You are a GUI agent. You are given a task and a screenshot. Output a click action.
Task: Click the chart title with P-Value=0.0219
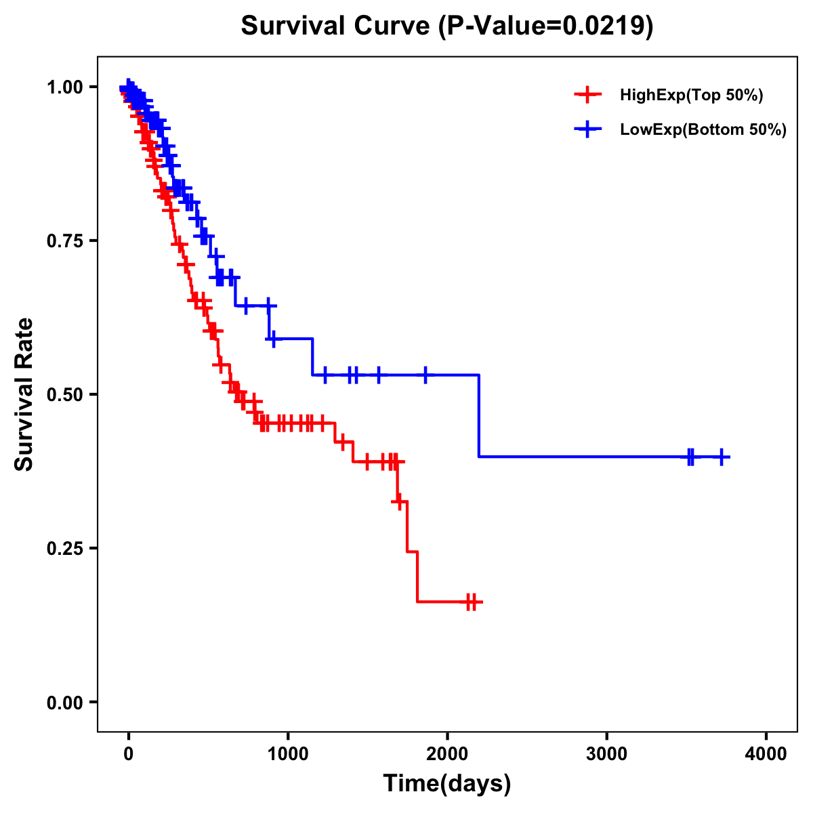coord(447,26)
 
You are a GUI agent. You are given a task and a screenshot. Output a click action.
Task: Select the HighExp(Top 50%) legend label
coord(692,96)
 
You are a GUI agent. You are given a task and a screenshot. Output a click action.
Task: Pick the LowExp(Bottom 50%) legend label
coord(703,129)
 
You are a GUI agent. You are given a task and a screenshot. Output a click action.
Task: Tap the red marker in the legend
coord(587,95)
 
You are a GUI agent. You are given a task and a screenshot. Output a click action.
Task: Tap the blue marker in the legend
coord(587,129)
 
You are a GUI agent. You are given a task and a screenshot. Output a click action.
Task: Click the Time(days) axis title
coord(447,784)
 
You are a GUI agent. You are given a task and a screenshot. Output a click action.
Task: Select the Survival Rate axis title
coord(24,394)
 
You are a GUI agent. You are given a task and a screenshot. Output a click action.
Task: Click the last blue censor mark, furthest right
coord(722,457)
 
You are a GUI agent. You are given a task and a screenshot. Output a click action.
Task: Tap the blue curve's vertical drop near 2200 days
coord(479,415)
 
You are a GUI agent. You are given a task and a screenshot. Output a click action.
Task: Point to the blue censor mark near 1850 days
coord(425,375)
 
